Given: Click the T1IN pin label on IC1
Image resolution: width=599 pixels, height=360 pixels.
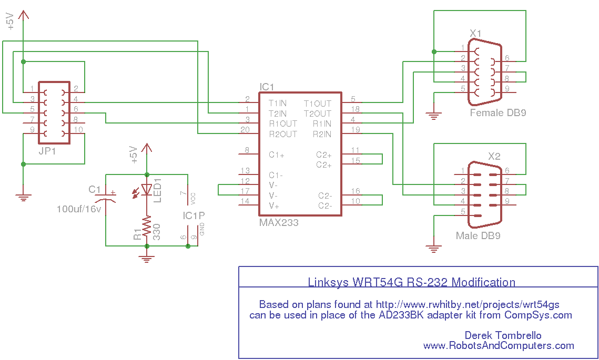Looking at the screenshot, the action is (278, 103).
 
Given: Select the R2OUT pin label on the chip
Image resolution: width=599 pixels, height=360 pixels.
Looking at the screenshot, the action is (283, 134).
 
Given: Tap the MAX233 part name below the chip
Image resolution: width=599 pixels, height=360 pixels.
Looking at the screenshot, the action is (279, 222).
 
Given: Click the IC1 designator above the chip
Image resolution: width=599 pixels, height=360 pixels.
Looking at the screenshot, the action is (267, 87).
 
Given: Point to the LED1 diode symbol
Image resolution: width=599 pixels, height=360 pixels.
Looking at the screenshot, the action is (147, 189).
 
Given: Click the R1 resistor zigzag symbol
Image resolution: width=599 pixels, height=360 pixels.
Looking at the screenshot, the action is (147, 228).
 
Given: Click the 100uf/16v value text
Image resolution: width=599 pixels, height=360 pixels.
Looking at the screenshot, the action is (79, 209).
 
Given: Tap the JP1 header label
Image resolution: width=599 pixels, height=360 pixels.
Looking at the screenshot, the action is (47, 151).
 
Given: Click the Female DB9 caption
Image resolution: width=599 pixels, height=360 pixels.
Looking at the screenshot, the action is (498, 112).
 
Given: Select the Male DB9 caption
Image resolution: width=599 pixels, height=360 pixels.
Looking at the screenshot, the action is (478, 235).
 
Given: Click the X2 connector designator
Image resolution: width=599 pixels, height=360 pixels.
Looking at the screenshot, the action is (494, 156).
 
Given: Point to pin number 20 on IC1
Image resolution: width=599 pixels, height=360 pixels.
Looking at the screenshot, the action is (245, 130).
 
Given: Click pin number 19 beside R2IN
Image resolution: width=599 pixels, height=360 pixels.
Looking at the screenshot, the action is (356, 129).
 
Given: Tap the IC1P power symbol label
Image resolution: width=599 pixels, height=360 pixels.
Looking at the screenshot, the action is (194, 215).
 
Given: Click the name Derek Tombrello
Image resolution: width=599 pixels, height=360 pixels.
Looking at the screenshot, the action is (503, 335).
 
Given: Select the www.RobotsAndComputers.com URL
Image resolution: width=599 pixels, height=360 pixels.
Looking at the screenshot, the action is (499, 345).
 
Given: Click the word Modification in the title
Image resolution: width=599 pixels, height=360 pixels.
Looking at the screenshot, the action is (483, 282).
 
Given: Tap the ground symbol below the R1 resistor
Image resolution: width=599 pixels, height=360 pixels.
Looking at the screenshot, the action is (147, 259).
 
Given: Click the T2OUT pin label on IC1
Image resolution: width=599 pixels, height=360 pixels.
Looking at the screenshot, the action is (318, 114).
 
